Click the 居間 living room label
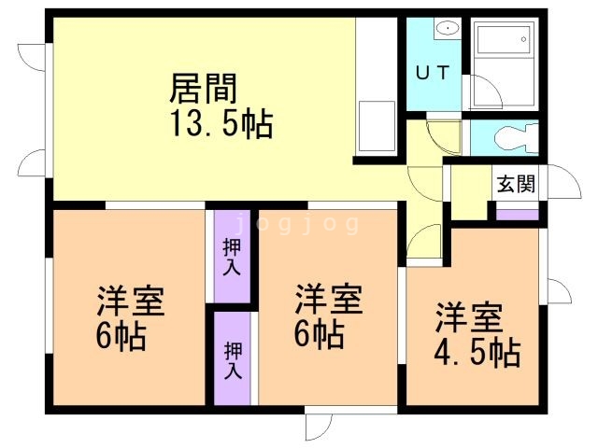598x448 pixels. coord(203,89)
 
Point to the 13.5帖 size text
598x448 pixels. coord(221,124)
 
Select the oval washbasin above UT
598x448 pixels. coord(448,28)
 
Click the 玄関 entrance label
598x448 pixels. coord(516,184)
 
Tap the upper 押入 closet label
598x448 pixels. coord(232,257)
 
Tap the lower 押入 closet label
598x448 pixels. coord(232,357)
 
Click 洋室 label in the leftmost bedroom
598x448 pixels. coord(131,302)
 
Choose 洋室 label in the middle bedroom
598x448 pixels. coord(328,301)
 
